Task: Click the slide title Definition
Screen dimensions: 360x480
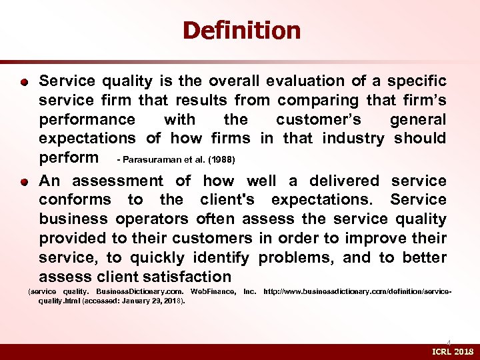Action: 241,30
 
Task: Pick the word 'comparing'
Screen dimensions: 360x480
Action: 319,101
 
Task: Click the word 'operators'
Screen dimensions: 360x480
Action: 153,219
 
